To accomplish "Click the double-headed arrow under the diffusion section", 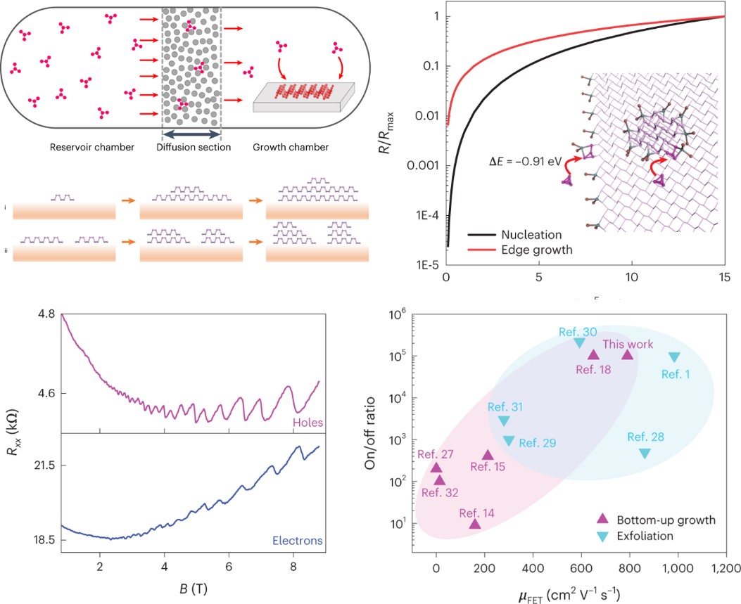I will coord(191,132).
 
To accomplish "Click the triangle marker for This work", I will coord(627,355).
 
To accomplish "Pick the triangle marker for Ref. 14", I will coord(475,523).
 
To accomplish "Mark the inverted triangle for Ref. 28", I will coord(645,454).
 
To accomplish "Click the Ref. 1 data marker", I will coord(674,357).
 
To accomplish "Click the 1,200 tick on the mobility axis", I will coord(724,567).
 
